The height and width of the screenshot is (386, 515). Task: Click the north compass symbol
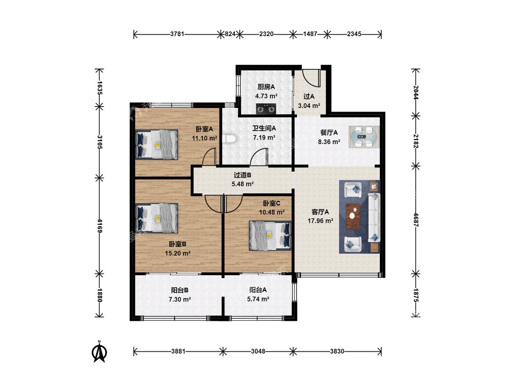tap(99, 351)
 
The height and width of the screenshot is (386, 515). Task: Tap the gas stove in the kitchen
tap(266, 108)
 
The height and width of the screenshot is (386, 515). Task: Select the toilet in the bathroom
tap(229, 139)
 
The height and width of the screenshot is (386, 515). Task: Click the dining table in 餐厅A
tap(364, 137)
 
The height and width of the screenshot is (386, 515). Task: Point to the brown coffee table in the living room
tap(353, 216)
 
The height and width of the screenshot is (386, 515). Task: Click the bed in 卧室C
tap(270, 236)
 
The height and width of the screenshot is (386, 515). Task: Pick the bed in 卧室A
tap(157, 145)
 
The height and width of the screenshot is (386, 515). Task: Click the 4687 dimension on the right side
tap(416, 220)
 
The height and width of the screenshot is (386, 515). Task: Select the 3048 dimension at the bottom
tap(258, 351)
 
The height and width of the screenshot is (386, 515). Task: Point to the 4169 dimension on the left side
tap(99, 225)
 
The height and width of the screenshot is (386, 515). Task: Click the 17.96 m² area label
tap(320, 221)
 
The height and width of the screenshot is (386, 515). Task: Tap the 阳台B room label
tap(179, 290)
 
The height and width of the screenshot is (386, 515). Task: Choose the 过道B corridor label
tap(242, 175)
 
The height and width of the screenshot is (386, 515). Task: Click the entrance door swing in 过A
tap(311, 78)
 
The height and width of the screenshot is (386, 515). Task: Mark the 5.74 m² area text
tap(258, 299)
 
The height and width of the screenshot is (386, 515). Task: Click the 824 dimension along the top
tap(230, 34)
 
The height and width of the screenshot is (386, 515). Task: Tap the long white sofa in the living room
tap(374, 217)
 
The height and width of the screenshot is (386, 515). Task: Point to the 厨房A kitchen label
tap(266, 87)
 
